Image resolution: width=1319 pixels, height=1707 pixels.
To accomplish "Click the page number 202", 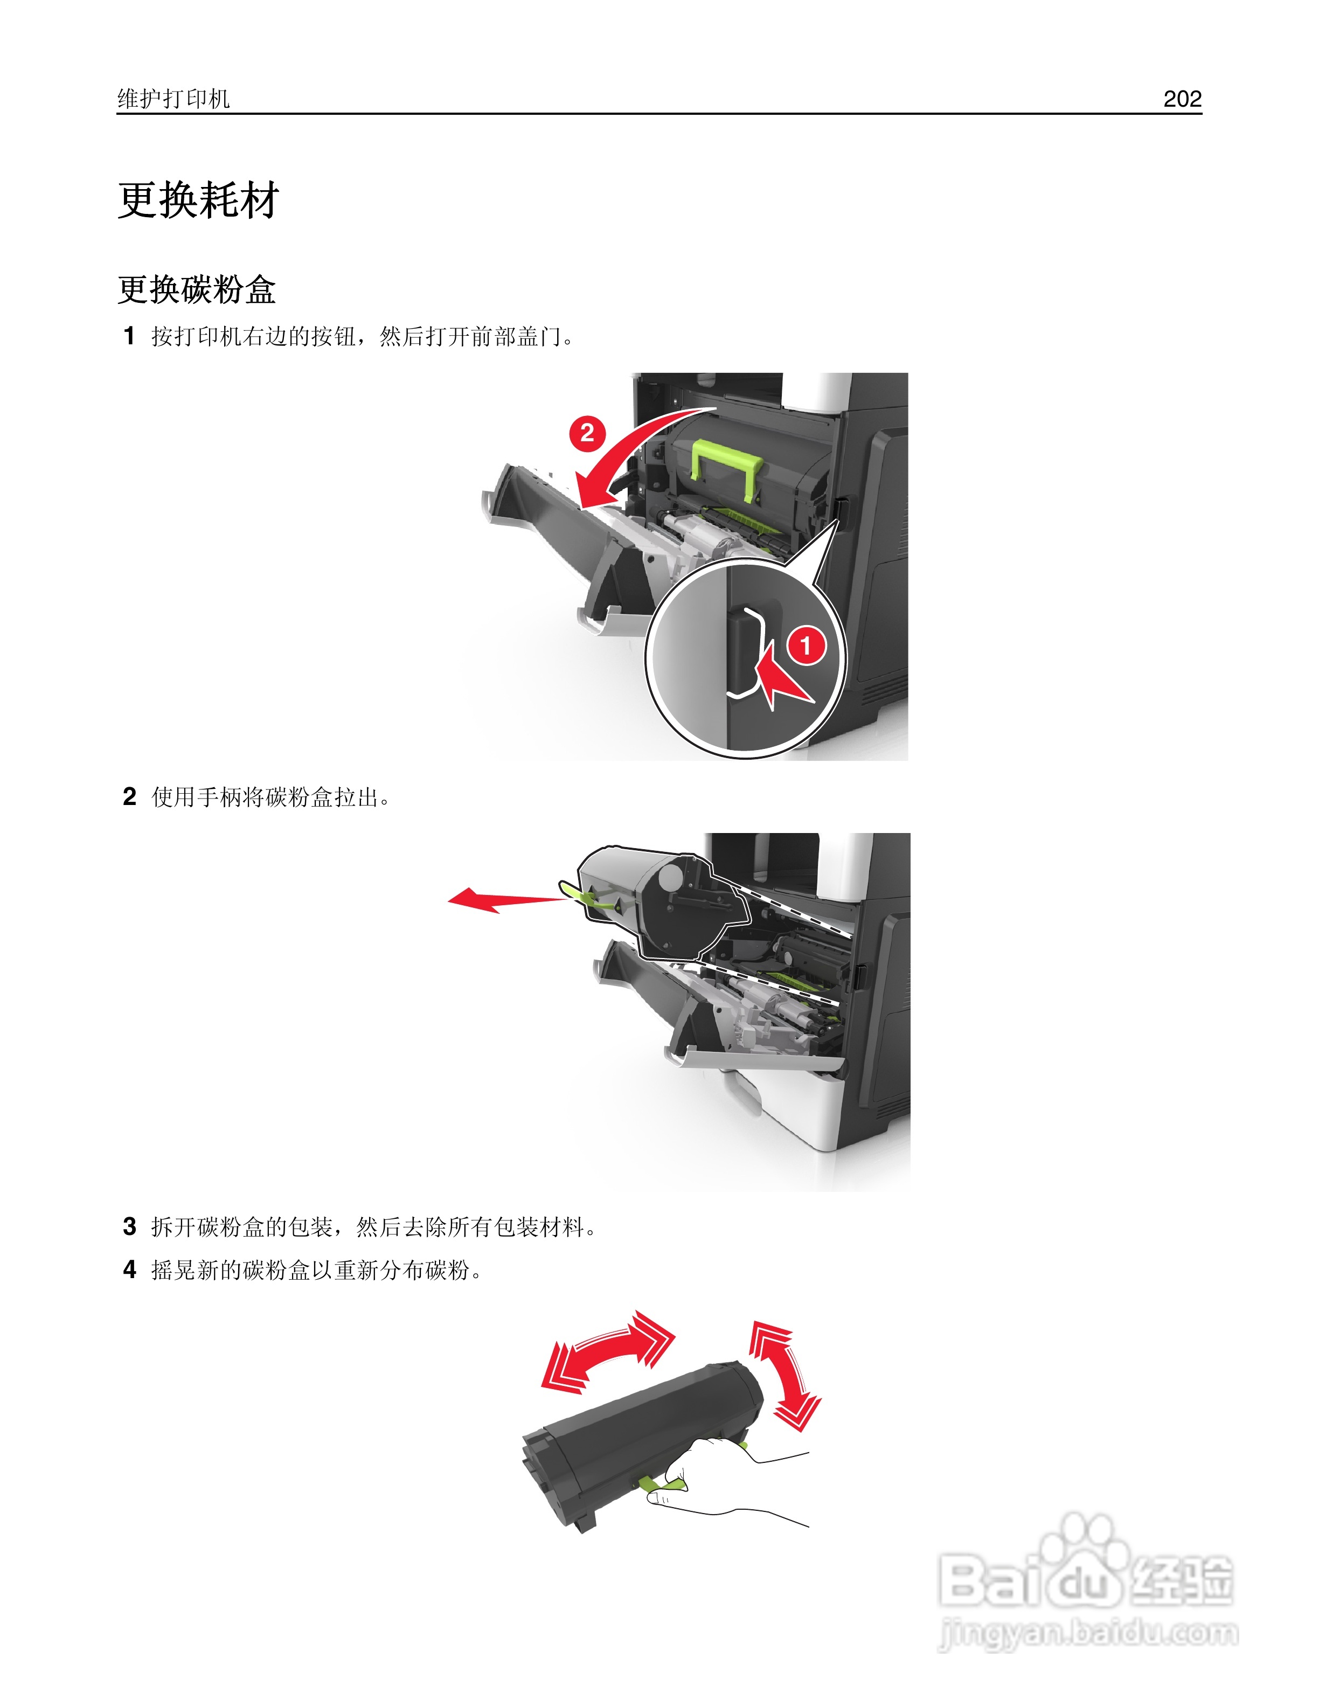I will [1182, 99].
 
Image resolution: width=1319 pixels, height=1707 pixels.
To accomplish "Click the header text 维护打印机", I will [173, 99].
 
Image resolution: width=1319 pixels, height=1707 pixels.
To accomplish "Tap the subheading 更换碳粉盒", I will [196, 289].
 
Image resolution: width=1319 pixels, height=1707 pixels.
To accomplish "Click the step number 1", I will [130, 336].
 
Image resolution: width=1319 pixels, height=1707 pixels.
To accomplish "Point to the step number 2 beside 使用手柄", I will [130, 796].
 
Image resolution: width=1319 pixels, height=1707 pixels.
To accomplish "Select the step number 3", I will [130, 1226].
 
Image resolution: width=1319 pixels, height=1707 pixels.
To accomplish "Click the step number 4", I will [130, 1269].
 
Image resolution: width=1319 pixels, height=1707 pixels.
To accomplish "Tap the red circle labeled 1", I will [806, 646].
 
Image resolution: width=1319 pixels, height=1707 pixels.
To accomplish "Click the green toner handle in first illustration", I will [727, 465].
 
